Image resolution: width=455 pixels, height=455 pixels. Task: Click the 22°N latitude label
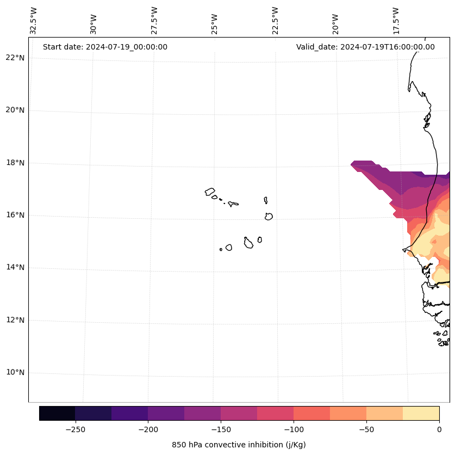click(15, 58)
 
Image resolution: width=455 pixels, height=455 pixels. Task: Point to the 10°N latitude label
click(15, 373)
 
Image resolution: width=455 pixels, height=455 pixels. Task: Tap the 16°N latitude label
click(15, 215)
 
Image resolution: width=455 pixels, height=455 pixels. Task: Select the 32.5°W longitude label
click(34, 21)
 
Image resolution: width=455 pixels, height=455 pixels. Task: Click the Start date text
click(105, 47)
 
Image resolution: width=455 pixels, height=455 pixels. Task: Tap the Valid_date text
click(365, 47)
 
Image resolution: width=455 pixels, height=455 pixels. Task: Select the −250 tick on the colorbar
click(75, 429)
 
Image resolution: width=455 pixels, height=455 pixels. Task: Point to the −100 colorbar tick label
click(294, 429)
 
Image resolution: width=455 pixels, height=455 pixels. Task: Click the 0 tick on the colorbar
click(439, 429)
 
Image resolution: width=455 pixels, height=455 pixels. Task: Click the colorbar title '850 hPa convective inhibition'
click(239, 445)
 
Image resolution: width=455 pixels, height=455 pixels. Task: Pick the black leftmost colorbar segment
click(57, 413)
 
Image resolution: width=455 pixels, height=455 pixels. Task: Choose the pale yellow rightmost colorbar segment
click(421, 413)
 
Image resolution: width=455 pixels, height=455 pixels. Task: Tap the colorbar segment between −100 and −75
click(311, 413)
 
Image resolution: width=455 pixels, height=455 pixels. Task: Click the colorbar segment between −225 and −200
click(129, 413)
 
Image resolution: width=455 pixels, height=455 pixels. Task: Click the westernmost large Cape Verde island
click(210, 192)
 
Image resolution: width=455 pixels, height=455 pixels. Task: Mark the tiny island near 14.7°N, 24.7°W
click(221, 249)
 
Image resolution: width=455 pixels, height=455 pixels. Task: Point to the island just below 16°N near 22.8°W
click(269, 216)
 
